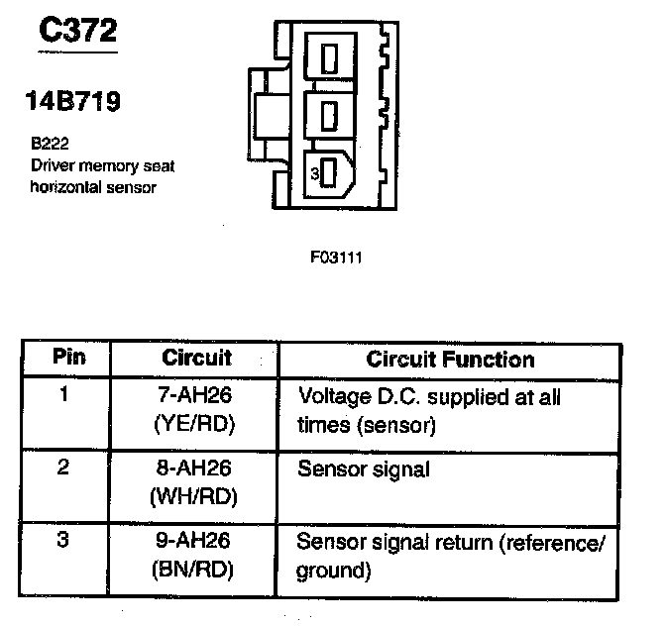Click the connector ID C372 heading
coord(77,32)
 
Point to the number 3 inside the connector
coord(313,174)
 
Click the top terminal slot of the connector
coord(330,57)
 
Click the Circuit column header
coord(196,358)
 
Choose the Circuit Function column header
coord(450,359)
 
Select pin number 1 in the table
coord(63,396)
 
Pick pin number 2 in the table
coord(63,469)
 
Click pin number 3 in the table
coord(63,542)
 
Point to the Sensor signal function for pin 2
coord(363,469)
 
